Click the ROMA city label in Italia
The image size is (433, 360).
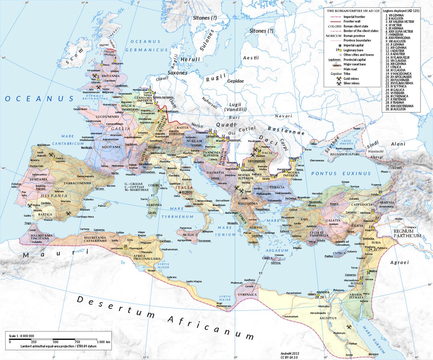tap(188, 192)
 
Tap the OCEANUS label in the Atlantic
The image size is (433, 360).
tap(39, 99)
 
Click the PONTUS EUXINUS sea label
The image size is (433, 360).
tap(341, 174)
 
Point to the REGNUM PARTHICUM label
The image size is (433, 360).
tap(407, 234)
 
